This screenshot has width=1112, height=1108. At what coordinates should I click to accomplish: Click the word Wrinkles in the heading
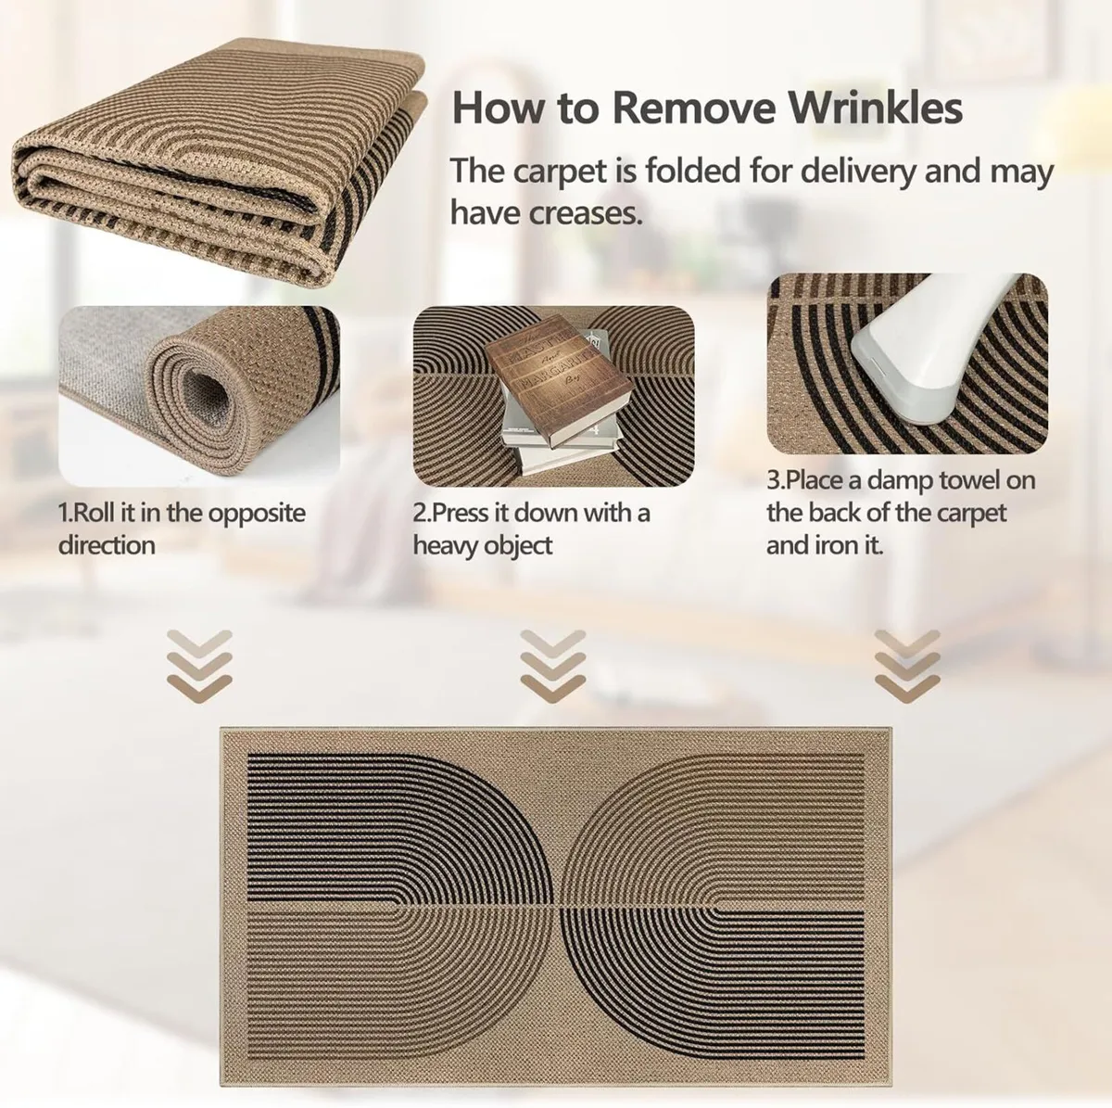pyautogui.click(x=876, y=108)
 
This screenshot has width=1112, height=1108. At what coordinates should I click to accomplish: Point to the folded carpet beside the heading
pyautogui.click(x=220, y=161)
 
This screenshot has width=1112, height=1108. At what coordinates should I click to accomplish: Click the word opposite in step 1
pyautogui.click(x=257, y=514)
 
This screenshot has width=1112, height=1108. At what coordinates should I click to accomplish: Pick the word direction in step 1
pyautogui.click(x=107, y=545)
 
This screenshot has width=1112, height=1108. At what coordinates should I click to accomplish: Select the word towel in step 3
pyautogui.click(x=968, y=479)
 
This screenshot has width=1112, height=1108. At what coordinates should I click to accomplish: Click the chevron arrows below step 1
pyautogui.click(x=199, y=666)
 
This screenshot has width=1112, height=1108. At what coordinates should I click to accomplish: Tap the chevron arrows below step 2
pyautogui.click(x=553, y=666)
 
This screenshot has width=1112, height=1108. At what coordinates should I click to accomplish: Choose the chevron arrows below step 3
pyautogui.click(x=908, y=666)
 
